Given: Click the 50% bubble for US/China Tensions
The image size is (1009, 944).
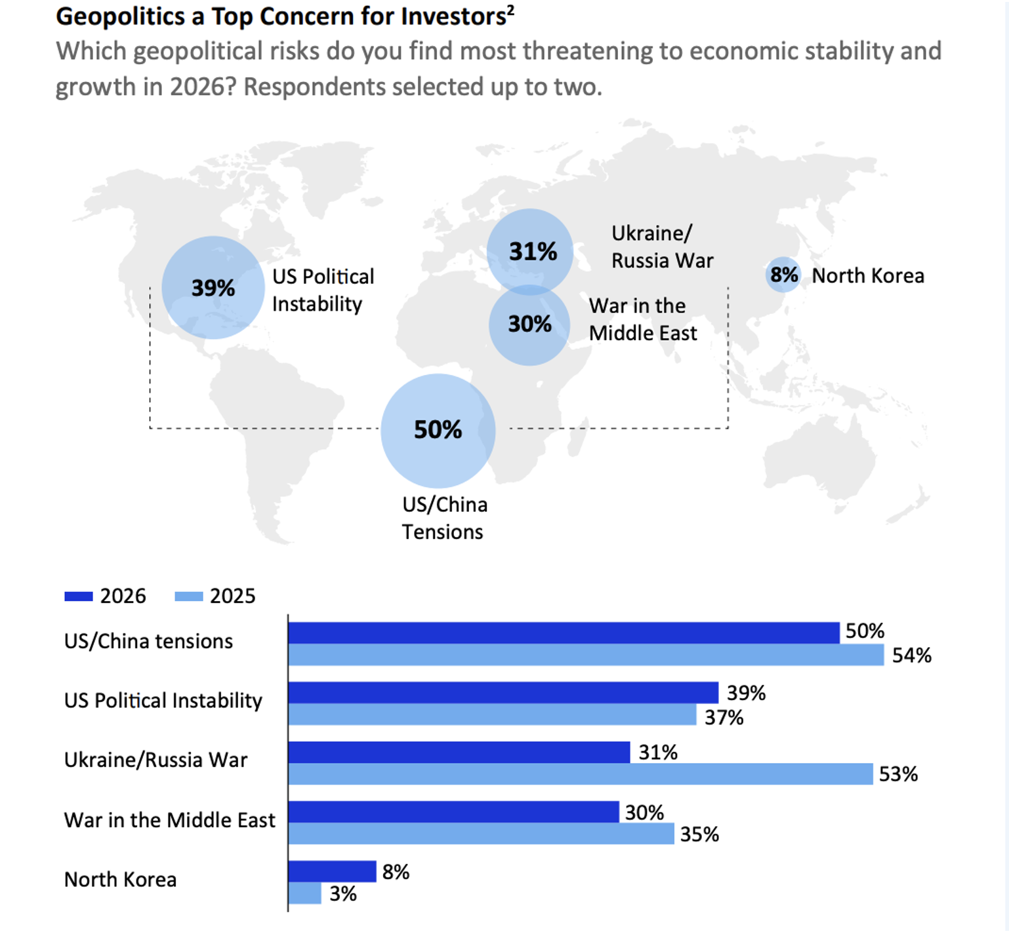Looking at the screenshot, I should click(x=438, y=431).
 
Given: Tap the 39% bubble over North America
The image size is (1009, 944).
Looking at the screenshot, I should click(x=213, y=287).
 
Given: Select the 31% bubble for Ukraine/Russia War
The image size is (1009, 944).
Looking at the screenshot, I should click(x=530, y=251).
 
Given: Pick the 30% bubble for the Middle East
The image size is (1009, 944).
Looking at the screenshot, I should click(x=529, y=324).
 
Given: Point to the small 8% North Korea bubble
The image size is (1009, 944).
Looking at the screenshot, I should click(x=783, y=275).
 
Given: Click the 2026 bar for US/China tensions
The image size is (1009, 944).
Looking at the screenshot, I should click(x=564, y=633).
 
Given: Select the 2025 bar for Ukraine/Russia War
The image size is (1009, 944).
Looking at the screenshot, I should click(x=581, y=774).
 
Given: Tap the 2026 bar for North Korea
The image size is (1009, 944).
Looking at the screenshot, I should click(x=332, y=871).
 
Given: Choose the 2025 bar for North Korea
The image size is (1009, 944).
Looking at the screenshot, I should click(x=305, y=894).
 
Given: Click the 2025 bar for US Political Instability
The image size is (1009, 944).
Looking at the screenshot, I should click(x=492, y=715).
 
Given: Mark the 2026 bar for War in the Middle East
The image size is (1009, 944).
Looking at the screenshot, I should click(x=453, y=812).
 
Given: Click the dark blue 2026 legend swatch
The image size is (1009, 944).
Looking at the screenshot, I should click(x=79, y=596).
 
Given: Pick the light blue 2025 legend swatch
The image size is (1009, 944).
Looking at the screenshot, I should click(x=189, y=596).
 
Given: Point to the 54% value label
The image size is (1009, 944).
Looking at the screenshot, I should click(x=911, y=655).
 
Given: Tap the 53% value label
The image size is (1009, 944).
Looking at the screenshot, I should click(x=897, y=774).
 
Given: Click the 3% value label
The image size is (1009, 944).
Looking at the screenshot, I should click(x=343, y=894).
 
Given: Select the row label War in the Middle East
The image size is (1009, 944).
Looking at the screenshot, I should click(x=169, y=820).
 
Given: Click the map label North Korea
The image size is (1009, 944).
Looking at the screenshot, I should click(x=867, y=276).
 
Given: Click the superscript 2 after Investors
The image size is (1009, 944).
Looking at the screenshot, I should click(x=510, y=10).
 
